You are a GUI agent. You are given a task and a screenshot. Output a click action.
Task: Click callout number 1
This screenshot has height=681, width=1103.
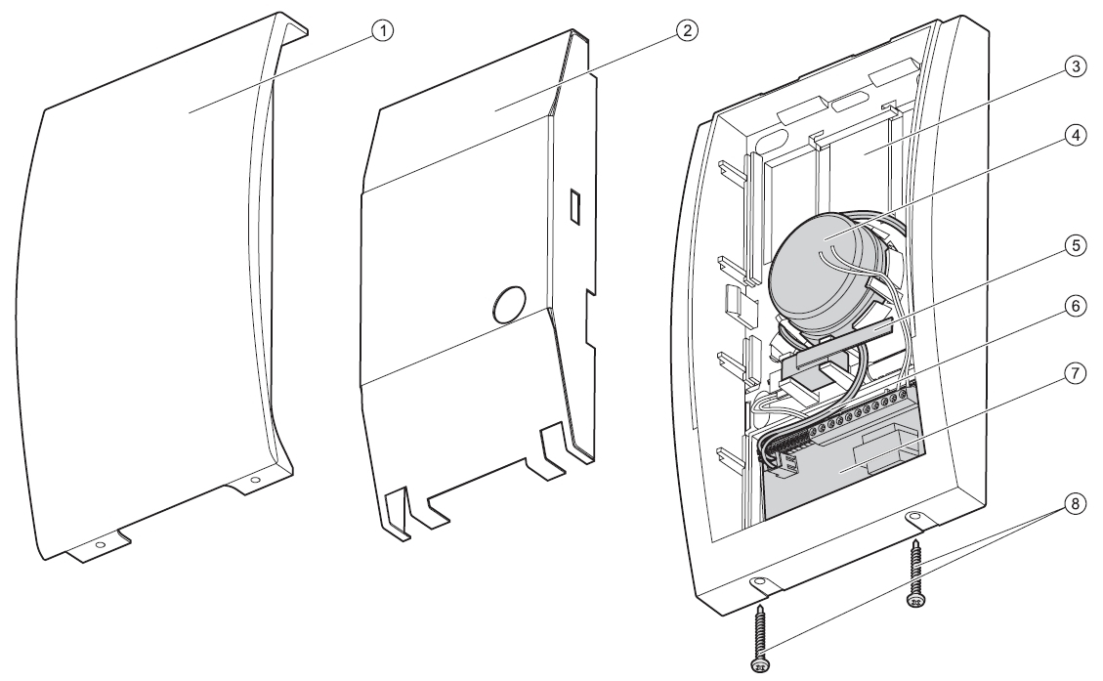coord(383,30)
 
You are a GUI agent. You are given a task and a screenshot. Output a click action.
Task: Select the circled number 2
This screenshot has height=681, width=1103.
coord(687,30)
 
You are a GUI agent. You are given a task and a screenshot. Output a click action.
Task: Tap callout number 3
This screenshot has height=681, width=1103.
coord(1074,66)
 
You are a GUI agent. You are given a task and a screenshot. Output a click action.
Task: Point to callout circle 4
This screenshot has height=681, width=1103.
coord(1074,135)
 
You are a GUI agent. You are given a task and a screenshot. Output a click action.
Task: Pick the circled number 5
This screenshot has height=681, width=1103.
coord(1074,245)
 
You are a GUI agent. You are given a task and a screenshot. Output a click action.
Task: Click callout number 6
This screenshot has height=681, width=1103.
coord(1074,306)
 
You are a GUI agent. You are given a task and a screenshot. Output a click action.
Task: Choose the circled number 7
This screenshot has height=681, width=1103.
coord(1074,373)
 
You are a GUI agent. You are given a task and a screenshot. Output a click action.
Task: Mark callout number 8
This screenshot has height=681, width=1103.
coord(1074,504)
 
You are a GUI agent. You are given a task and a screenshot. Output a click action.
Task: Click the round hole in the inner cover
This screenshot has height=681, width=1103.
coord(509,304)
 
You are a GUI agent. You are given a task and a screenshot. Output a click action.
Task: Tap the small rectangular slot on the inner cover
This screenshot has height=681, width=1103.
coord(574,205)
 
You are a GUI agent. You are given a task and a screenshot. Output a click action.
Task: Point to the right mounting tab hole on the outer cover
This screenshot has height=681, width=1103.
coord(255,480)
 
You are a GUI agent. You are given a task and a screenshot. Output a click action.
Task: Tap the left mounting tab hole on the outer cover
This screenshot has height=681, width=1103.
coord(100,544)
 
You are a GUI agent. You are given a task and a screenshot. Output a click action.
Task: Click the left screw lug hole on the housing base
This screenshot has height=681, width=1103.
coord(760,582)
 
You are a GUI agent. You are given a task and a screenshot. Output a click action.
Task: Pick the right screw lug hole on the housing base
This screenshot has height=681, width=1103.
coord(914,517)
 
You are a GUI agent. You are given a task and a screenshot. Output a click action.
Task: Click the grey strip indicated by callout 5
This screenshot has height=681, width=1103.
coord(835,344)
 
